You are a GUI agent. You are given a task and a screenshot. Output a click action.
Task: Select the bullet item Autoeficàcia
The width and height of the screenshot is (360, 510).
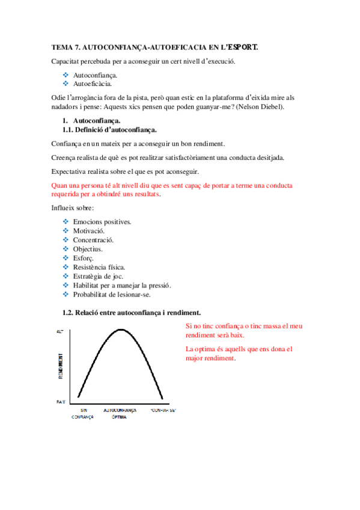[x=92, y=84]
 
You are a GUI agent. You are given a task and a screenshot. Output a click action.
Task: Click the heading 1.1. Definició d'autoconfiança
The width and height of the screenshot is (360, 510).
[x=110, y=129]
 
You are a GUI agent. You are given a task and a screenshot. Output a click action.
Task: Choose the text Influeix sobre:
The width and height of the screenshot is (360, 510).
[x=73, y=208]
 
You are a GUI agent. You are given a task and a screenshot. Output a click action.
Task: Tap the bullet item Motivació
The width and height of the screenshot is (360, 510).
[x=89, y=231]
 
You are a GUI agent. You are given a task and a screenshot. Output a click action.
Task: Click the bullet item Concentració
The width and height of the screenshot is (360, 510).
[x=93, y=240]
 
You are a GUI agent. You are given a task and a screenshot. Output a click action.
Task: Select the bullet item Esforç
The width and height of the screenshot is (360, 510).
[x=83, y=258]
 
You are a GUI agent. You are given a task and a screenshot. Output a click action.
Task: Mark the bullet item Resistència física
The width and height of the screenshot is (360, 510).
[x=99, y=267]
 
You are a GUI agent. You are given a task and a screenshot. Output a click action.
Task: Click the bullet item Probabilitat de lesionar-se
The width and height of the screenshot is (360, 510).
[x=112, y=295]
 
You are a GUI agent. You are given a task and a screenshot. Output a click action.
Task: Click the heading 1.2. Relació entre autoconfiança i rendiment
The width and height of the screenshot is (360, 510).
[x=132, y=313]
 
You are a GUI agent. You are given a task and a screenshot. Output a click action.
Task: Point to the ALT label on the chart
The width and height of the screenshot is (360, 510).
[x=59, y=331]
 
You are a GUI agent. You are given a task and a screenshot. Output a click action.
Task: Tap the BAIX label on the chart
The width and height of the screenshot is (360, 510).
[x=60, y=401]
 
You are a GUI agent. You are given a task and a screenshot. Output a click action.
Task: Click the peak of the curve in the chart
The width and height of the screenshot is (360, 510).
[x=121, y=329]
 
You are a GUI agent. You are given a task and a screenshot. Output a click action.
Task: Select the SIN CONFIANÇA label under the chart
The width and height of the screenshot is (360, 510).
[x=83, y=413]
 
